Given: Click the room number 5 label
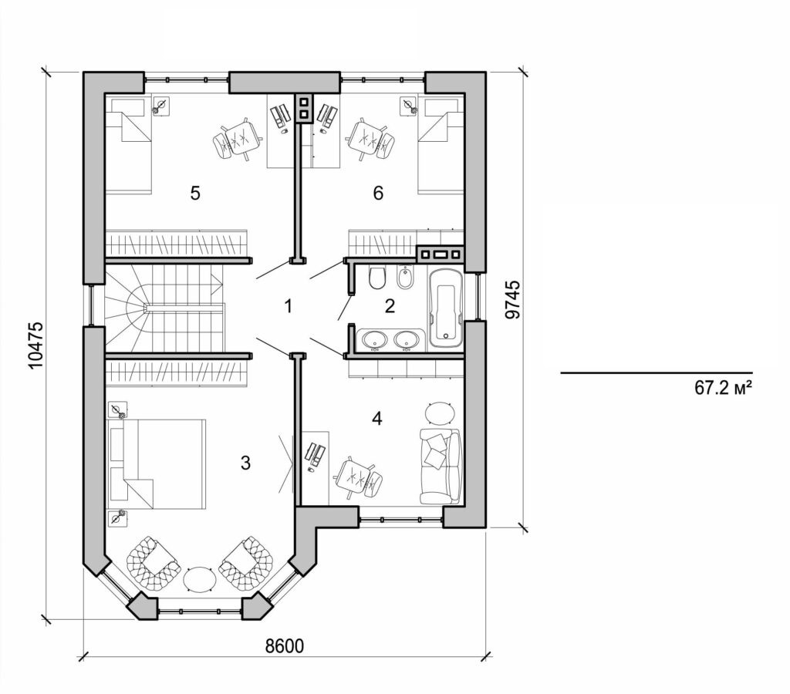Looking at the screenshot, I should click(195, 193).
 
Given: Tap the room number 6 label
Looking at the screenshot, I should click(378, 193).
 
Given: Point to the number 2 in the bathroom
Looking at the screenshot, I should click(390, 306).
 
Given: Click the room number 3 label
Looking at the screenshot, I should click(245, 463).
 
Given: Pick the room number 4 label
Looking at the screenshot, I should click(376, 418).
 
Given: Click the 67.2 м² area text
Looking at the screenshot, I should click(723, 389).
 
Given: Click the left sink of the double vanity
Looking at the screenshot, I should click(375, 339).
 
